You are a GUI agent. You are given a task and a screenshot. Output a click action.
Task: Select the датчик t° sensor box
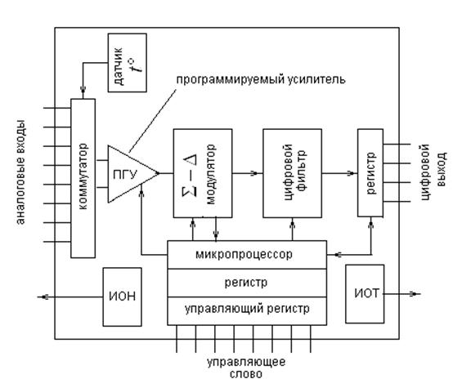(x=127, y=63)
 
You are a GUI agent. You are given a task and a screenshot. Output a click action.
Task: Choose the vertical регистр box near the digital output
(x=370, y=172)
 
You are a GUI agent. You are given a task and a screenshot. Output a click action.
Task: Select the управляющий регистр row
(x=246, y=311)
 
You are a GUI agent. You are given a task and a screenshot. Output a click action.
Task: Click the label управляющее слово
(x=245, y=367)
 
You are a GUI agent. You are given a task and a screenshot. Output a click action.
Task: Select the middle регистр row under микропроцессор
(x=246, y=282)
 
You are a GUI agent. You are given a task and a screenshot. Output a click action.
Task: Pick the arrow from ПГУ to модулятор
(x=166, y=172)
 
